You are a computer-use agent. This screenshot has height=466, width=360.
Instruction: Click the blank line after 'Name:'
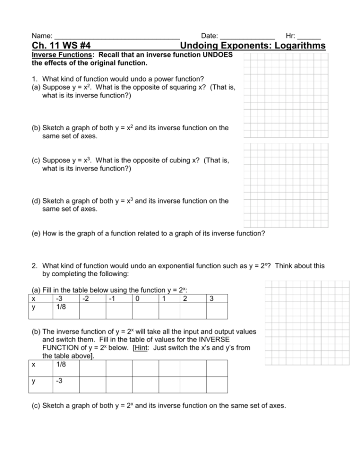(117, 36)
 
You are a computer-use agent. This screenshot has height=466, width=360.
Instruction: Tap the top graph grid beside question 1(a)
(286, 94)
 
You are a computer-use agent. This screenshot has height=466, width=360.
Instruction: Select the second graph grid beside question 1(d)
(286, 184)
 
